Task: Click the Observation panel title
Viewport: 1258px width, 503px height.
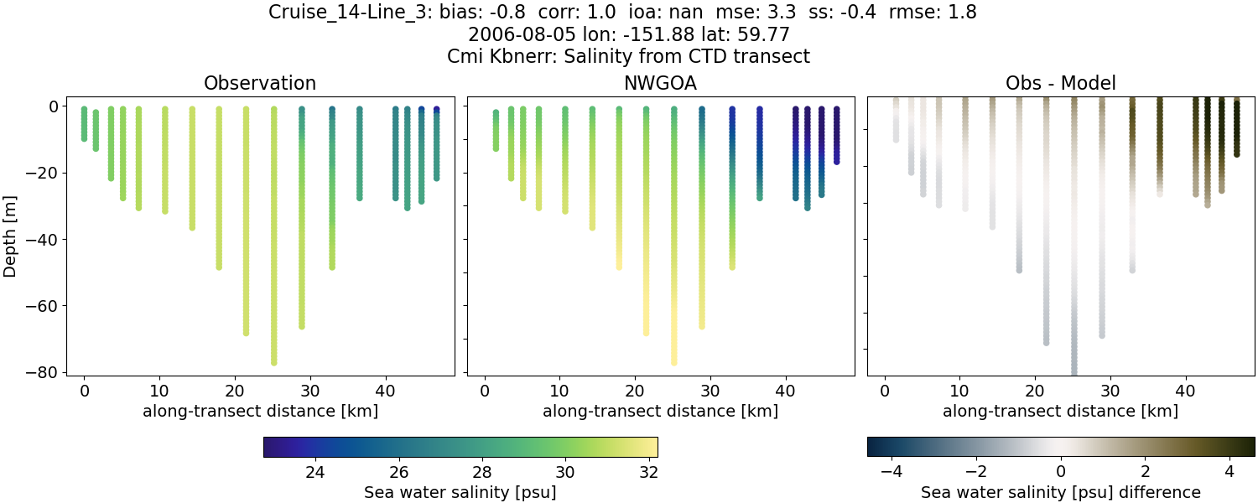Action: tap(260, 84)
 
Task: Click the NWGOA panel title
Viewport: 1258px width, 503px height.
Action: tap(660, 84)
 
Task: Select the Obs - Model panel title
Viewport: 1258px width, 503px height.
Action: tap(1060, 84)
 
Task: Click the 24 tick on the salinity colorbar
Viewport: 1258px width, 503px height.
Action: tap(315, 472)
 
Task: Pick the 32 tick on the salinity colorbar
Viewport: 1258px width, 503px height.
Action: tap(647, 472)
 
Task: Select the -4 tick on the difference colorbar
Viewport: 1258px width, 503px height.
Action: tap(892, 472)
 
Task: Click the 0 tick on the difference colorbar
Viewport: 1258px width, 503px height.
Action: tap(1061, 472)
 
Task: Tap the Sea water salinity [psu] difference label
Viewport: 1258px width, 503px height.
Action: tap(1061, 492)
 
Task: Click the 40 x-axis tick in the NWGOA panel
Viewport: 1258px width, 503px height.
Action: tap(786, 392)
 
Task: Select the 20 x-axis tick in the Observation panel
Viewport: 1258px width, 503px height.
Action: tap(235, 392)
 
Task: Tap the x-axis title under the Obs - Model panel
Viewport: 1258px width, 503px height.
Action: tap(1060, 412)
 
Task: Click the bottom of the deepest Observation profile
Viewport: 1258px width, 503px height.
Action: tap(273, 362)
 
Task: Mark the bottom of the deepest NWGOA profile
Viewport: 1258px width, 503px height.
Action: tap(673, 362)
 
